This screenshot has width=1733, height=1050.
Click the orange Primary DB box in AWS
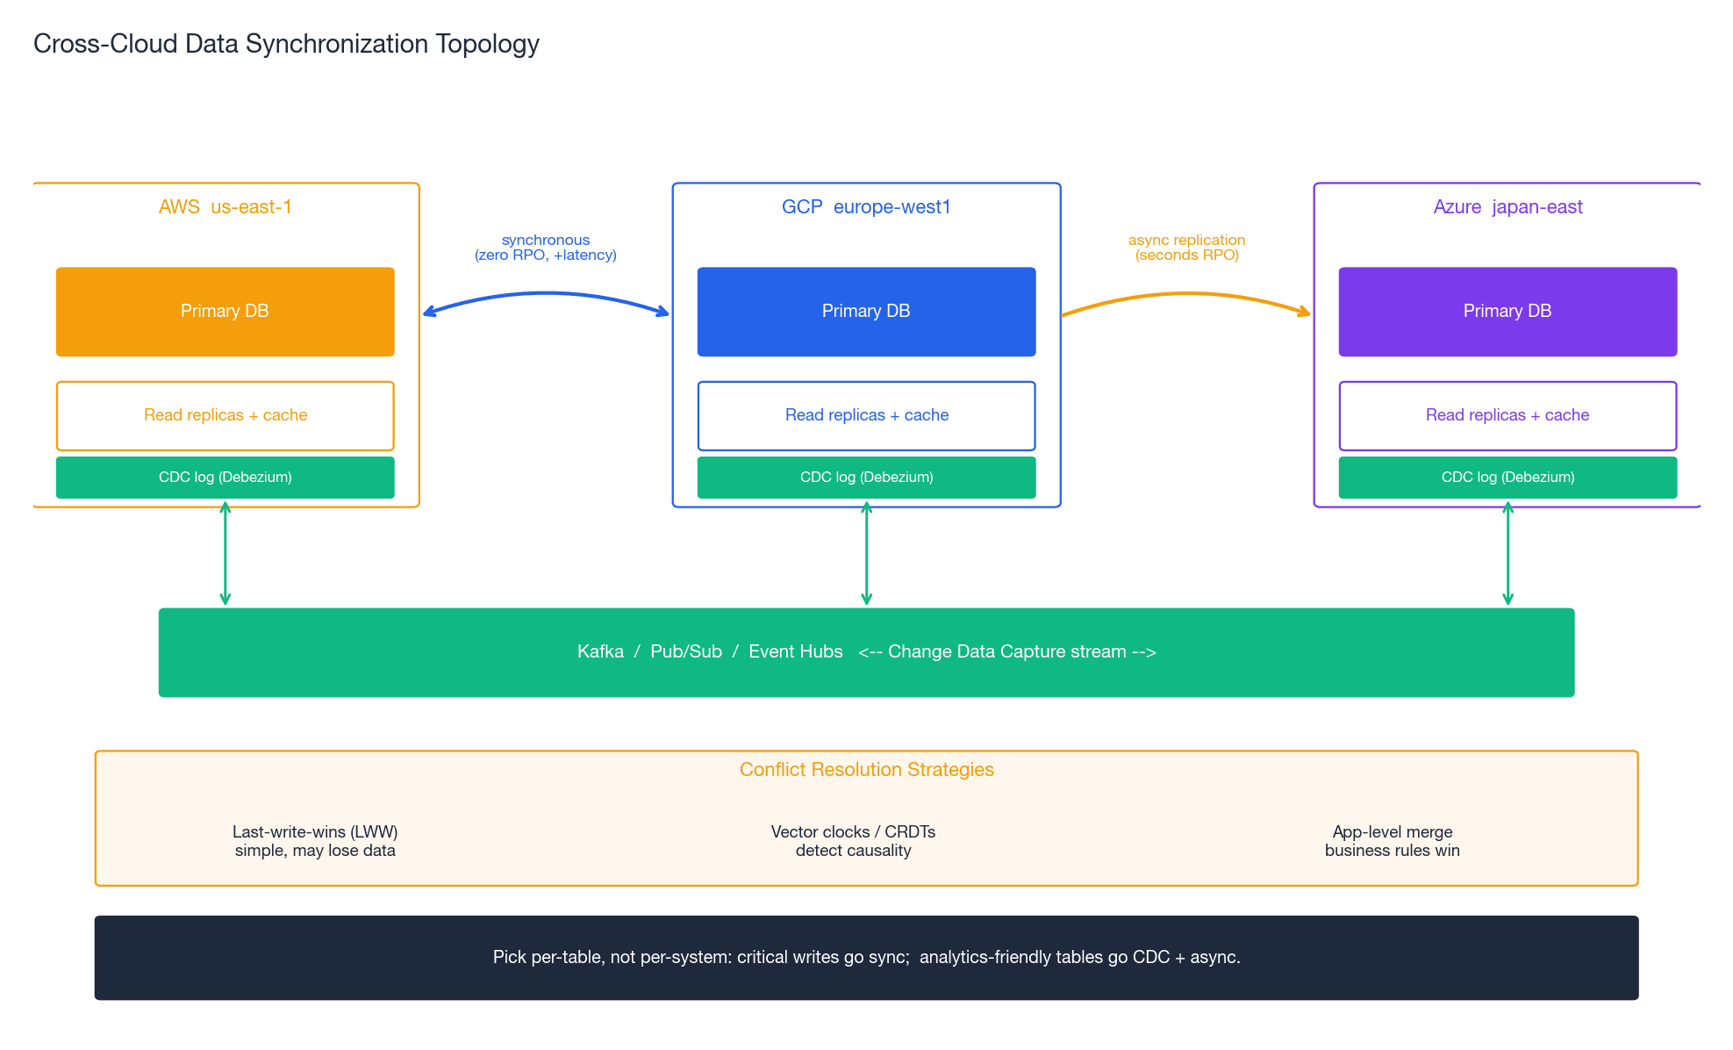coord(225,312)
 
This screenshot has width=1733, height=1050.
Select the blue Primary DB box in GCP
coord(866,312)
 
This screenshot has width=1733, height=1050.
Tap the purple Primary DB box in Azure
coord(1507,312)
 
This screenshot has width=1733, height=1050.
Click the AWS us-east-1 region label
coord(225,207)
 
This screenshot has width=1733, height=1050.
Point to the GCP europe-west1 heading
coord(866,207)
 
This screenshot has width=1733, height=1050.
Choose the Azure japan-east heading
coord(1507,207)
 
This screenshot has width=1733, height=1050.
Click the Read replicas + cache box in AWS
coord(225,415)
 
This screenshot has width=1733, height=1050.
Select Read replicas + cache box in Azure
coord(1507,415)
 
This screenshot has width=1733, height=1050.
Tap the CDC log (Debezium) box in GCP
coord(866,478)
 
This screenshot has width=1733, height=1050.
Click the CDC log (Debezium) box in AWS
coord(225,478)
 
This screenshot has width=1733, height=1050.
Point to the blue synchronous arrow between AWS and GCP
coord(546,294)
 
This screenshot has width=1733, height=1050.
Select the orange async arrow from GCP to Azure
coord(1186,294)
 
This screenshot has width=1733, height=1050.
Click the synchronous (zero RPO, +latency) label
coord(546,248)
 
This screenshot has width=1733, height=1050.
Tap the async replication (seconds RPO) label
coord(1186,248)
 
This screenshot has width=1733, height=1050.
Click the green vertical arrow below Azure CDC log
coord(1507,553)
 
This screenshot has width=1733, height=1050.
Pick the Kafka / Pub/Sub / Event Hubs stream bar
coord(866,652)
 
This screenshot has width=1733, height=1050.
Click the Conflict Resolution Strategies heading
coord(866,770)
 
